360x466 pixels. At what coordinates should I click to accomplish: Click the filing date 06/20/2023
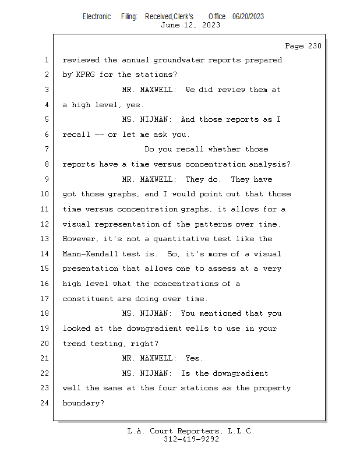point(248,16)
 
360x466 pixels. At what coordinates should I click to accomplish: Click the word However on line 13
point(80,239)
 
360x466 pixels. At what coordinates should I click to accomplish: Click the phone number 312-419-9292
point(191,440)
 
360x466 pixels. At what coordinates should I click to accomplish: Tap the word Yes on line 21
point(194,358)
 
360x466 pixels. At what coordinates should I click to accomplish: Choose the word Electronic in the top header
point(97,16)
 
